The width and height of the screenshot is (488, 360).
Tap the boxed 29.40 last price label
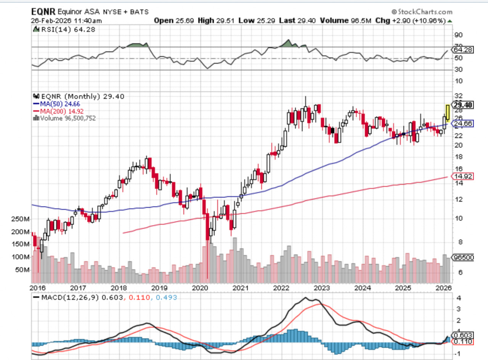(x=462, y=105)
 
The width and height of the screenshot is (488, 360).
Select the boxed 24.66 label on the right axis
(x=462, y=124)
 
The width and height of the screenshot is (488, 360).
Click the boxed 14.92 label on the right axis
(x=462, y=176)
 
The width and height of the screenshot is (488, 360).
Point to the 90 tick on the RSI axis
(x=459, y=35)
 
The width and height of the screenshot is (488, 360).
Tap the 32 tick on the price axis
(x=459, y=96)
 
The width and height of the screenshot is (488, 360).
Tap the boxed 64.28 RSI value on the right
(x=462, y=50)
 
